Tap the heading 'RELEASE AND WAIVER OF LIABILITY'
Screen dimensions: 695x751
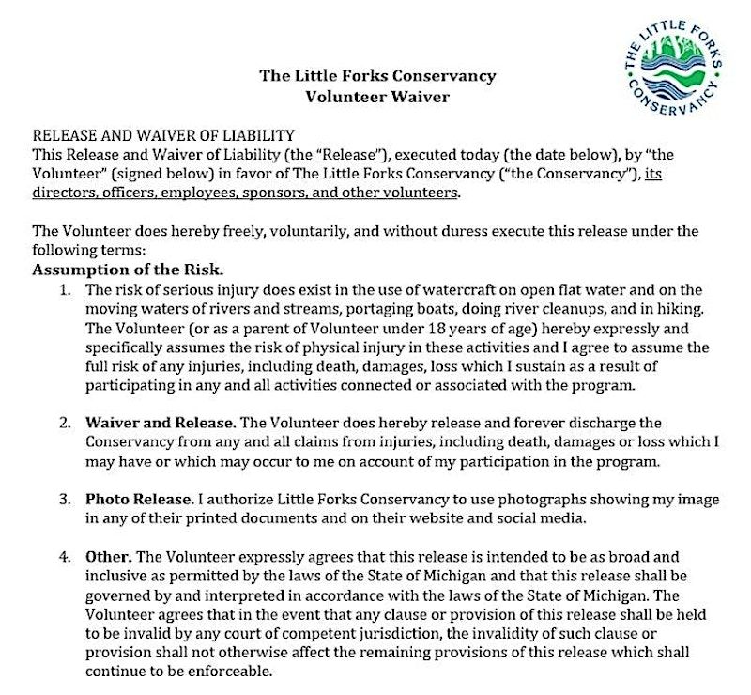pyautogui.click(x=164, y=135)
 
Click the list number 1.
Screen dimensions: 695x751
pyautogui.click(x=66, y=289)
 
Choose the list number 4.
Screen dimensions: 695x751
pyautogui.click(x=66, y=557)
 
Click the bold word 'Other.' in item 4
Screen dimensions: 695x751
pyautogui.click(x=108, y=557)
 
